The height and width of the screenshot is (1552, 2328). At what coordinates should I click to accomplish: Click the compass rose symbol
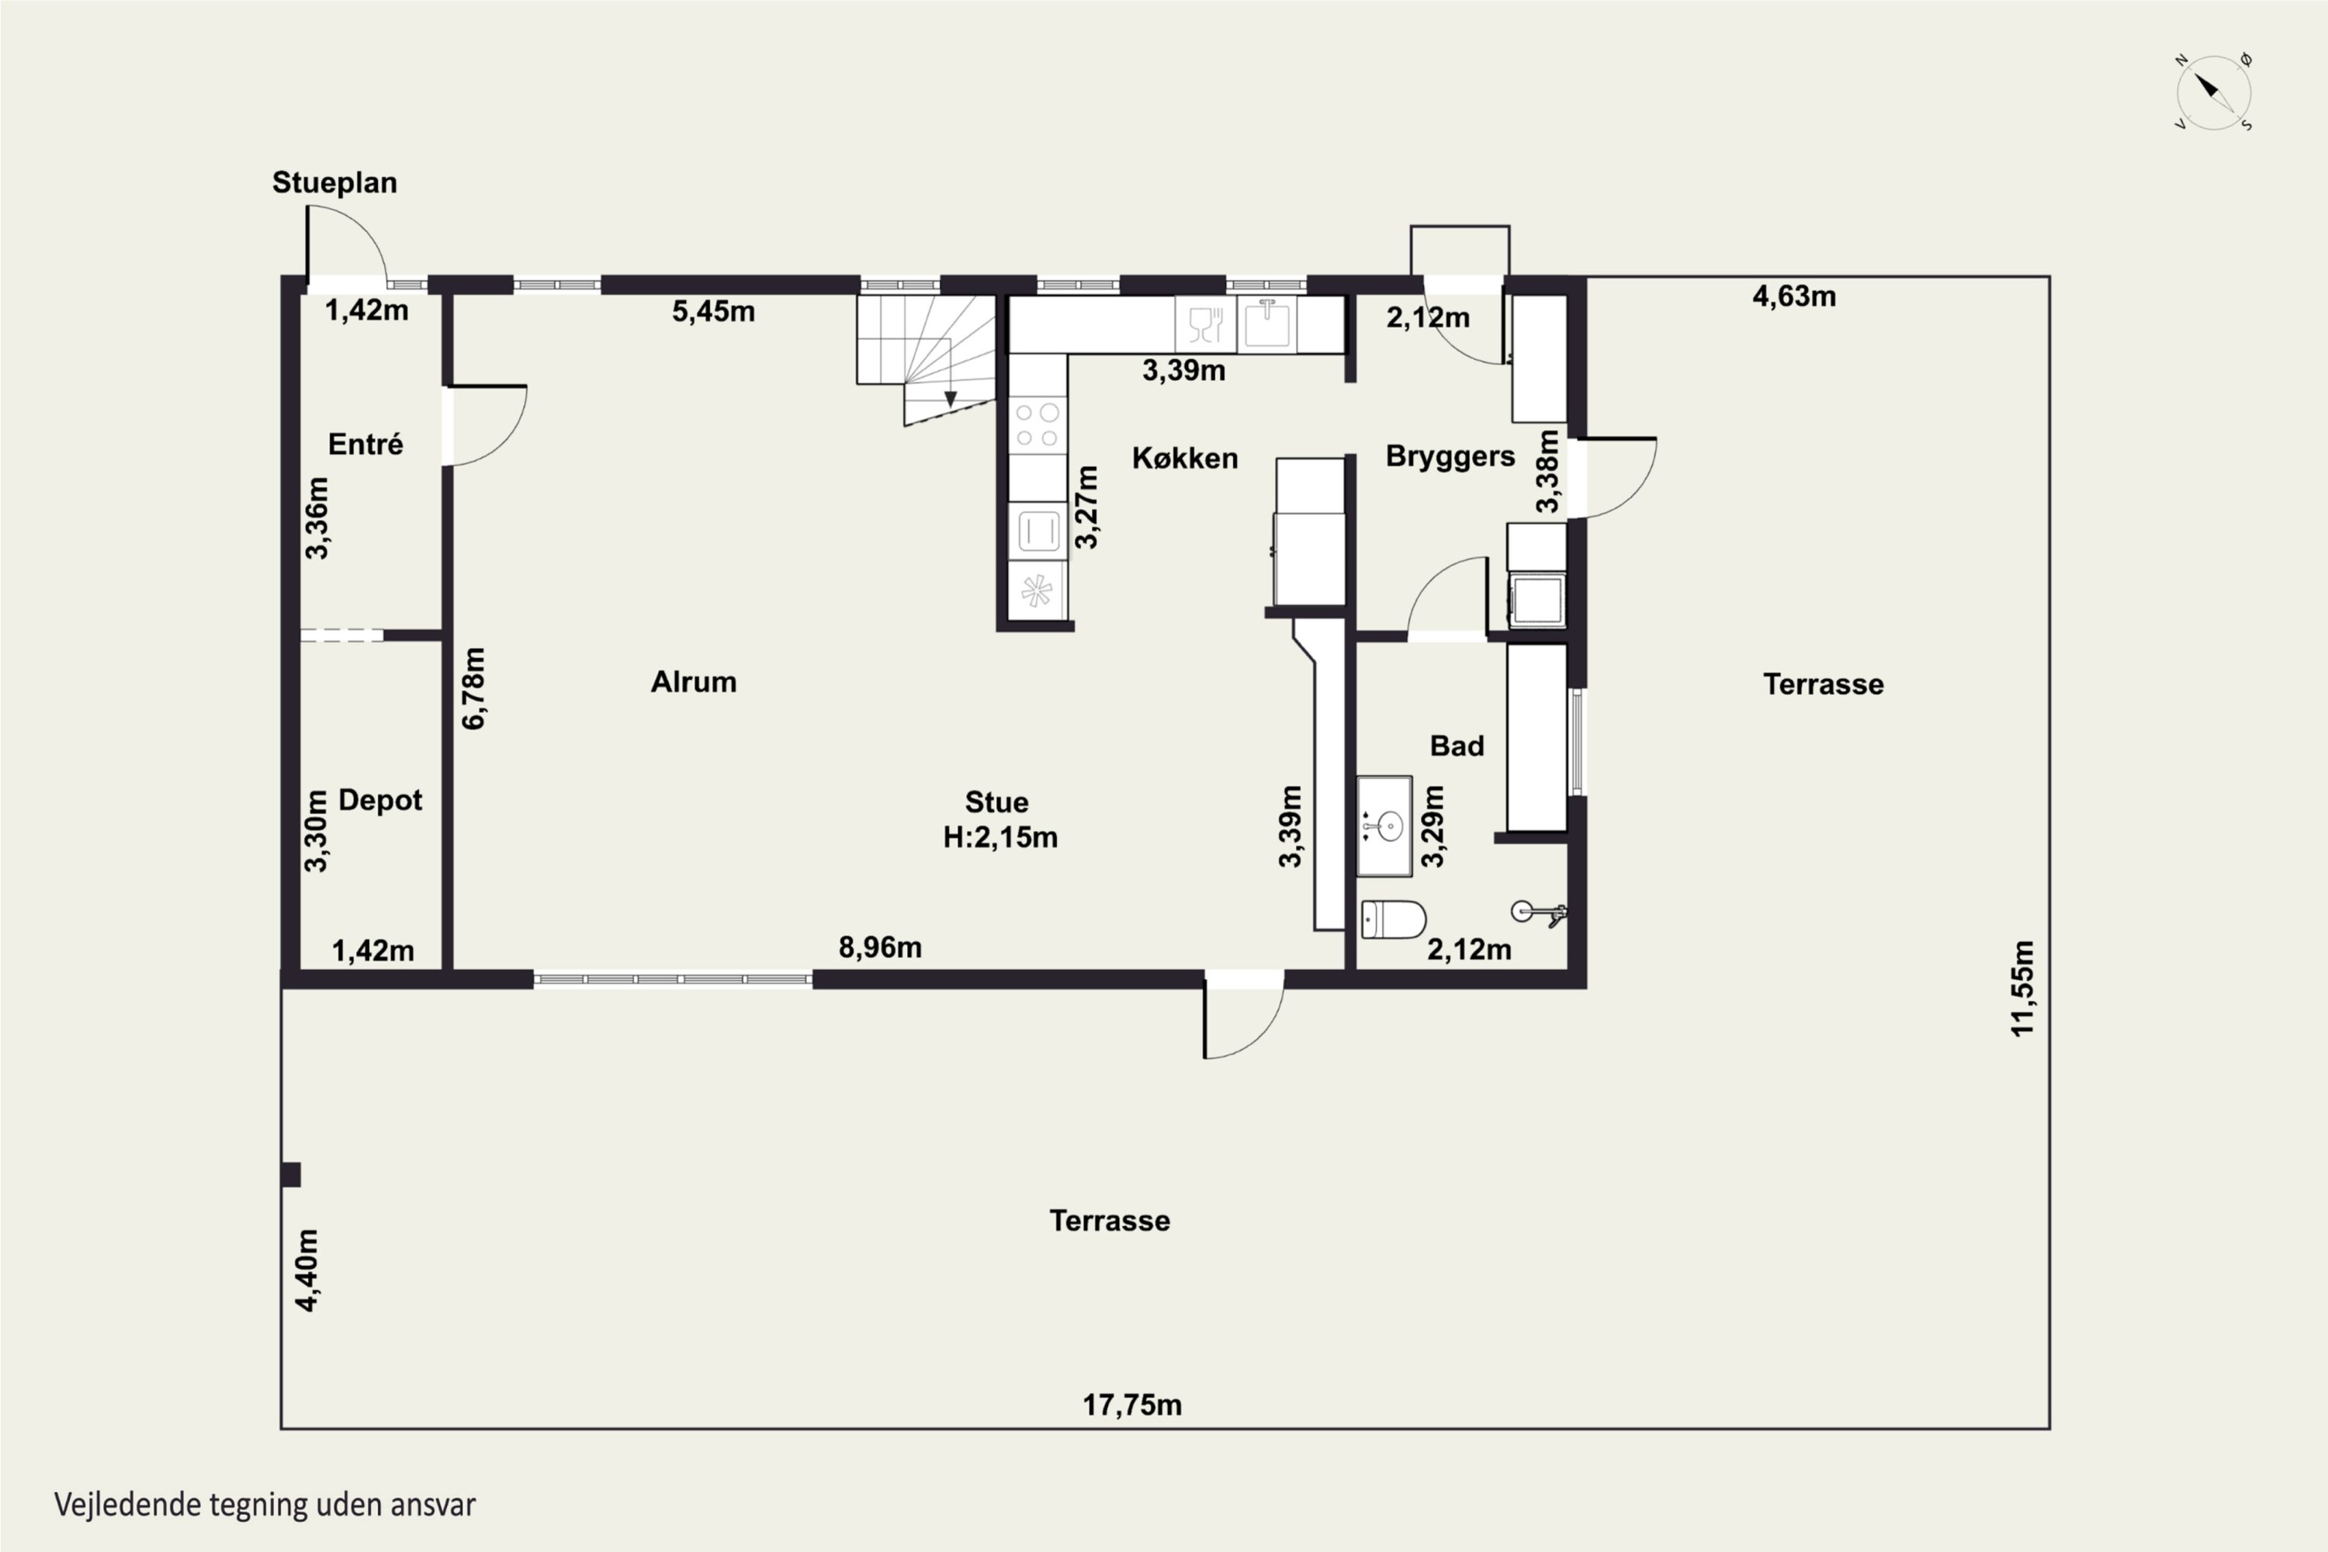(2214, 92)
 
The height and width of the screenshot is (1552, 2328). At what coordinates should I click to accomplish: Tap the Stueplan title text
(334, 183)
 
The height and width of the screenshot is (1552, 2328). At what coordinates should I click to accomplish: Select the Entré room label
(365, 445)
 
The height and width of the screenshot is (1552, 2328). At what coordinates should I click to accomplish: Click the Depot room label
(380, 800)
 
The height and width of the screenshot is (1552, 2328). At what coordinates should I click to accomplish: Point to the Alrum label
(693, 682)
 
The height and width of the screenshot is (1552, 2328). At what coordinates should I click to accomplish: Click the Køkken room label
(1185, 459)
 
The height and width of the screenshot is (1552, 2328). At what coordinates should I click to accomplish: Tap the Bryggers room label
(1450, 456)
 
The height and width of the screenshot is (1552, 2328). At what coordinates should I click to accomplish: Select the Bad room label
(1457, 745)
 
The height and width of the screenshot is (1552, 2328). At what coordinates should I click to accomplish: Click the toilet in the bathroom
(1394, 920)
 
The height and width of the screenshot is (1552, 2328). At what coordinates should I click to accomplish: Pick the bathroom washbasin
(1384, 826)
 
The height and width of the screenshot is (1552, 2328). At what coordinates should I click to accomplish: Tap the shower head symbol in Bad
(1537, 913)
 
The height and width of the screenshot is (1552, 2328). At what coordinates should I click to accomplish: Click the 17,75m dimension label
(1131, 1405)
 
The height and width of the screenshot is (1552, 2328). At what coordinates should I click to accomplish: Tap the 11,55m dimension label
(2022, 989)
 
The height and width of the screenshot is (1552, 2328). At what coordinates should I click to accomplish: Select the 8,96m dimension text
(880, 947)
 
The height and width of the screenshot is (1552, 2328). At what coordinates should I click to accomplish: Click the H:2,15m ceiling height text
(999, 837)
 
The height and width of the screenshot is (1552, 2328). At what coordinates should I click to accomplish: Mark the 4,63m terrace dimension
(1793, 296)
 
